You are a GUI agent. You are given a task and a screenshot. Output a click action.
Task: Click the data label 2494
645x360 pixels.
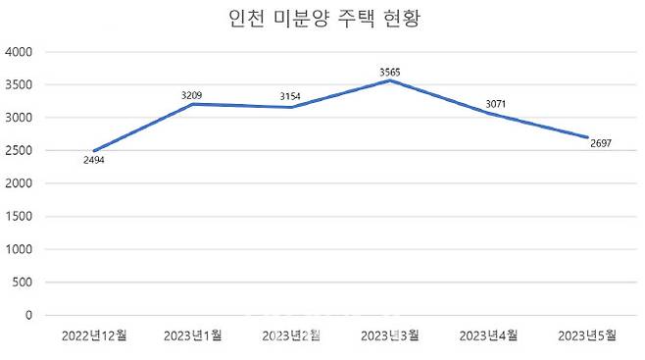[x=94, y=160]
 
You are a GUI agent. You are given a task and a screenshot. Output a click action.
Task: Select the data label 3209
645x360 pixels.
[x=193, y=95]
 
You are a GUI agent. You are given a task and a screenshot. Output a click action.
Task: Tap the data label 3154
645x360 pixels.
[x=291, y=97]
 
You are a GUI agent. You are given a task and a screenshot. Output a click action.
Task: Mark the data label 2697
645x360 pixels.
[x=601, y=143]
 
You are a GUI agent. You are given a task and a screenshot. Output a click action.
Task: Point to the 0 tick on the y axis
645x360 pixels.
[x=29, y=316]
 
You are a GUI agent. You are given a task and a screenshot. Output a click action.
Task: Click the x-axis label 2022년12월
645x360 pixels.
[x=94, y=336]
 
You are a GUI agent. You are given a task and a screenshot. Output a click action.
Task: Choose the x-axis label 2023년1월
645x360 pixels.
[x=193, y=336]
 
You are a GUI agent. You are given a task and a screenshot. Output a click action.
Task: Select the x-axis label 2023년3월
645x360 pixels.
[x=390, y=336]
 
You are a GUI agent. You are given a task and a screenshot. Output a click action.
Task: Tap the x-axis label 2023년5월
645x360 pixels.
[x=586, y=336]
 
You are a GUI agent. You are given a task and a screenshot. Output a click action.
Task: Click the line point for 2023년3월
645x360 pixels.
[x=390, y=80]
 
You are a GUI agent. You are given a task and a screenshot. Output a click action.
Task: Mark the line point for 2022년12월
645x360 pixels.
[x=94, y=151]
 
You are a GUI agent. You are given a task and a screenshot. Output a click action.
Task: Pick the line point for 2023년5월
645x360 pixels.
[x=586, y=137]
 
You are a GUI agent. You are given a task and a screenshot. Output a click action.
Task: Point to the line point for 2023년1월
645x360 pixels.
[x=193, y=104]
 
